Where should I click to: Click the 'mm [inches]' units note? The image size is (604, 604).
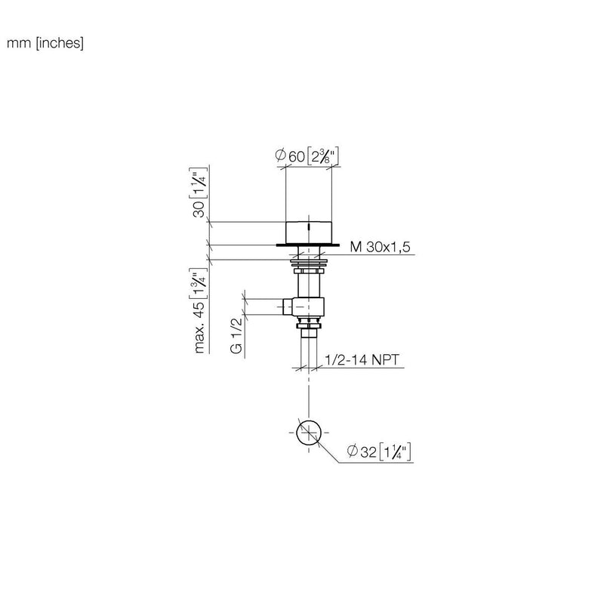click(x=45, y=43)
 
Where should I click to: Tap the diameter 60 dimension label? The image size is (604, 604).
click(x=307, y=156)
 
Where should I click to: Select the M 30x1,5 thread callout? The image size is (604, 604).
click(x=380, y=247)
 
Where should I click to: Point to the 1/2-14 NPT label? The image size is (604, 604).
click(x=362, y=360)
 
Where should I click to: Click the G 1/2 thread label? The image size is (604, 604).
click(x=236, y=336)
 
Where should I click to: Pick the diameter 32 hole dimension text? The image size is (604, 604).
click(x=379, y=451)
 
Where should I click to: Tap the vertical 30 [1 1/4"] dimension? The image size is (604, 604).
click(x=199, y=193)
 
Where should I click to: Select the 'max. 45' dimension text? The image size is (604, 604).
click(x=199, y=327)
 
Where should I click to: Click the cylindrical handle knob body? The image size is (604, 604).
click(x=309, y=233)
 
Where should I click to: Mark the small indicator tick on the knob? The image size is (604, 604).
click(x=309, y=227)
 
